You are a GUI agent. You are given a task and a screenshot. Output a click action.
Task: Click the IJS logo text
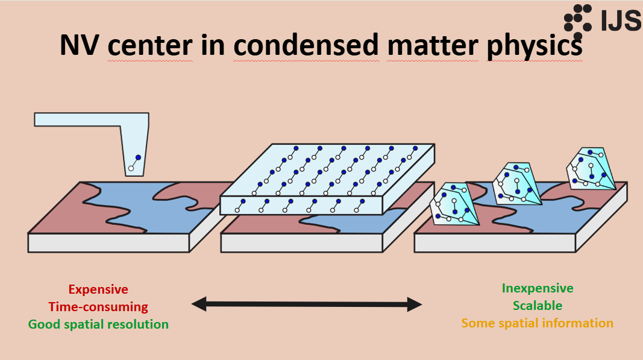coord(621,21)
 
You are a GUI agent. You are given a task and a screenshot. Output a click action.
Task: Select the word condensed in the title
coord(306,45)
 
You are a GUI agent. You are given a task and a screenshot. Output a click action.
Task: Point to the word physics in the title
coord(535,46)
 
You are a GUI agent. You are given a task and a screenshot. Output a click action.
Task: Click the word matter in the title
coord(433,45)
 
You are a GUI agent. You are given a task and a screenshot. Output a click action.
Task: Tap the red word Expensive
coord(98,289)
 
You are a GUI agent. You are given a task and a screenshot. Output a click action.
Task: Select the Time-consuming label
coord(98,307)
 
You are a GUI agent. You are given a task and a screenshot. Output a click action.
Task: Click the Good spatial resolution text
coord(98,324)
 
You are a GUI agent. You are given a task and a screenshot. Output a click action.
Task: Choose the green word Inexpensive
coord(538,288)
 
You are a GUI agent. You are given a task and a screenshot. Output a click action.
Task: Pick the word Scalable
coord(538,306)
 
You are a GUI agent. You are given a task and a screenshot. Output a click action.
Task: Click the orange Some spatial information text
coord(537,323)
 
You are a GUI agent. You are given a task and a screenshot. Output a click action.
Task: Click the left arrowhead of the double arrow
coord(199,305)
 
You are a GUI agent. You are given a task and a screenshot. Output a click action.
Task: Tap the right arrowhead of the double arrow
coord(415,305)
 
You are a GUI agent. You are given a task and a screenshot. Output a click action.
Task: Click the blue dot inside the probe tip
coord(138,157)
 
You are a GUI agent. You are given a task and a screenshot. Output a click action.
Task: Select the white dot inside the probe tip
coord(131,168)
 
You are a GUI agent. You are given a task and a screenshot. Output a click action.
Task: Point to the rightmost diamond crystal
coord(591,168)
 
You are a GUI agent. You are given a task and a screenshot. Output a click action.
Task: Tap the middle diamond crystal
coord(516,183)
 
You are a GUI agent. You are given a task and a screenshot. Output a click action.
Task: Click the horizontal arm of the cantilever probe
coord(78,119)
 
